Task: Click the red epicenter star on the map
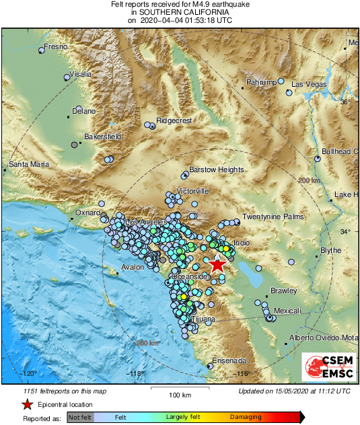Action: click(x=217, y=264)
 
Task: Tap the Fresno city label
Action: click(x=55, y=47)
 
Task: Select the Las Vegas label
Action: click(x=309, y=84)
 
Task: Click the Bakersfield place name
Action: click(x=102, y=137)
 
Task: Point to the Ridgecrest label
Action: click(x=174, y=120)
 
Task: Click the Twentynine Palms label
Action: click(x=273, y=217)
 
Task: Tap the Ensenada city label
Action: click(x=230, y=361)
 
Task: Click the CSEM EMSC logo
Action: click(x=326, y=367)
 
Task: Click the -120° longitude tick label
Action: click(x=28, y=373)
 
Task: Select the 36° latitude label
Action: click(x=345, y=102)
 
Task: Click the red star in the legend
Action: click(x=27, y=404)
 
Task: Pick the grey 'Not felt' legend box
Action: click(x=80, y=418)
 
